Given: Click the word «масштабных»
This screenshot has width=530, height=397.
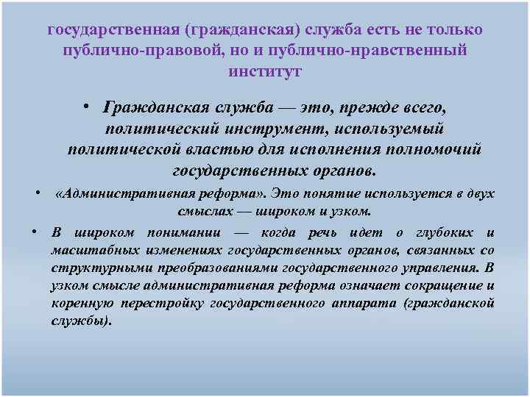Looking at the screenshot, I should point(84,251).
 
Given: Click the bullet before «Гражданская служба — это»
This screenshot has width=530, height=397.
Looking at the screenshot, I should point(87,107).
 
